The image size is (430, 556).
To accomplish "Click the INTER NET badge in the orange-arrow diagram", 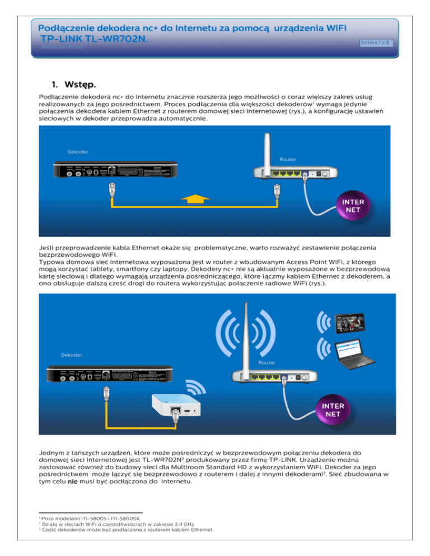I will pyautogui.click(x=352, y=206).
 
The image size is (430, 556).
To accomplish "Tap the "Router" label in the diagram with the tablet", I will pyautogui.click(x=267, y=362).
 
